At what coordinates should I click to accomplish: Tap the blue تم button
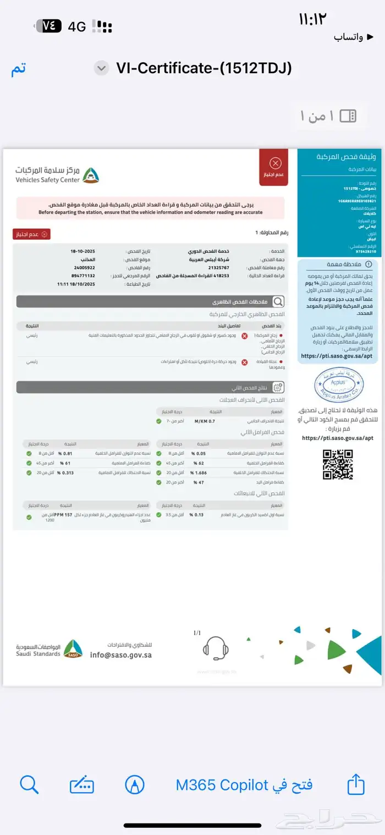[19, 69]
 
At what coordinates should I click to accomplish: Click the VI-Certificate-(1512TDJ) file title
[204, 68]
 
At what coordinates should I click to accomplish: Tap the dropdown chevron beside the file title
[101, 68]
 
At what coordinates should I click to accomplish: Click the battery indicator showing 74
[48, 26]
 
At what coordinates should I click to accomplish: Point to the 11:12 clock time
[312, 20]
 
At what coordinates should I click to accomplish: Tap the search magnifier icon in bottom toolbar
[29, 784]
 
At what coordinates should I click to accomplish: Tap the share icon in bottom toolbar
[356, 784]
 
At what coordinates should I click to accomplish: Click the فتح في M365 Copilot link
[244, 785]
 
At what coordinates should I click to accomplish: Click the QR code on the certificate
[337, 464]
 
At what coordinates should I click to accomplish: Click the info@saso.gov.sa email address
[121, 655]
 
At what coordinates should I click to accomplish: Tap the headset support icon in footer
[216, 649]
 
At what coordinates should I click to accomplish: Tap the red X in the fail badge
[276, 163]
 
